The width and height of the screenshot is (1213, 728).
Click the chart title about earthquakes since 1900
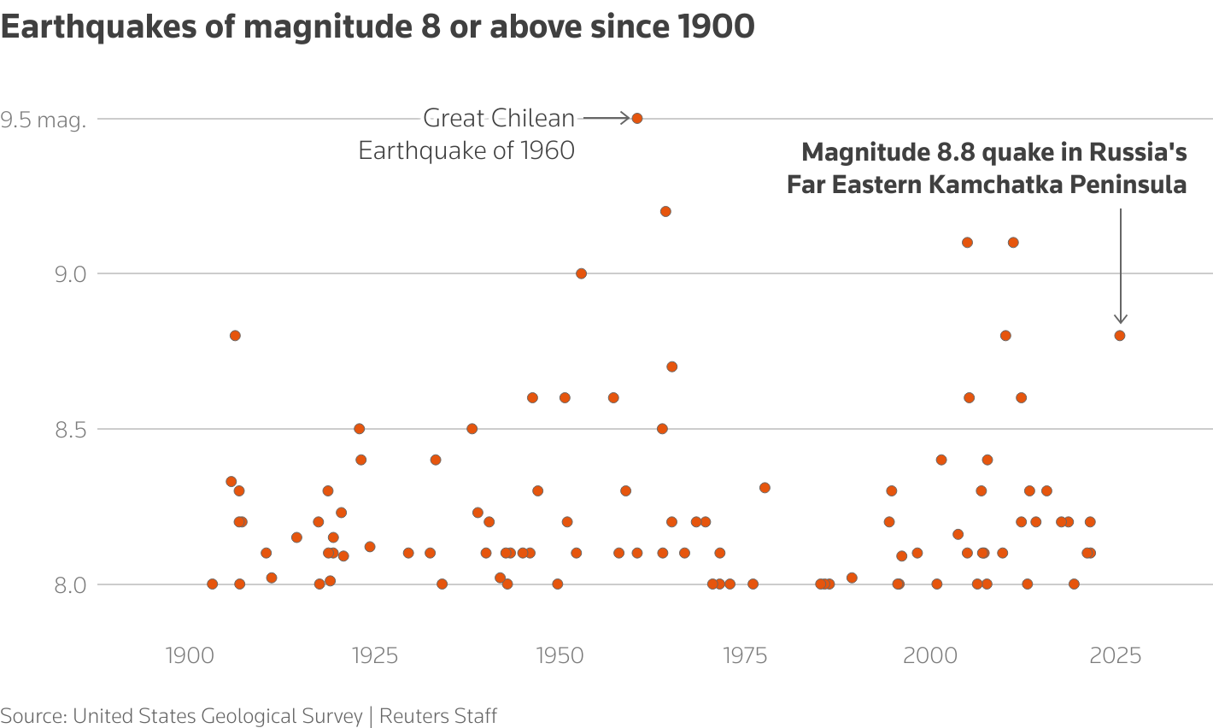pos(378,27)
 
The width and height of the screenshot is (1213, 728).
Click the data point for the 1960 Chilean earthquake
pos(636,118)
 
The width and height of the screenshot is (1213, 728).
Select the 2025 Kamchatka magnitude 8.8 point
pos(1119,335)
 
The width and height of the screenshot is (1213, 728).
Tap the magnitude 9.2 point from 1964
pos(665,211)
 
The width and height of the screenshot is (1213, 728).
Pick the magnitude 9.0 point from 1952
pos(581,273)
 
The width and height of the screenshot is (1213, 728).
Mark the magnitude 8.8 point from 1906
pos(235,335)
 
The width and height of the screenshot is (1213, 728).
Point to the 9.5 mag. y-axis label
pos(44,120)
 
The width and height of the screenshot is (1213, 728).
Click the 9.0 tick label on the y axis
pos(69,274)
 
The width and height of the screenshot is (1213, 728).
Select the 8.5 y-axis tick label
pos(69,429)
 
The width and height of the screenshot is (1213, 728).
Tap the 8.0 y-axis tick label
pos(69,584)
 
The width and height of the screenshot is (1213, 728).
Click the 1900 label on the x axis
pos(190,655)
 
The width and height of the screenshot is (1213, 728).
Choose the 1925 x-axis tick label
pos(374,655)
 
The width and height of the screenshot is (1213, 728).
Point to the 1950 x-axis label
pos(560,655)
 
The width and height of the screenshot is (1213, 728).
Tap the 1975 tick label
pos(745,655)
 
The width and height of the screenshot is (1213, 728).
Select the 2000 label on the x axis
pos(930,655)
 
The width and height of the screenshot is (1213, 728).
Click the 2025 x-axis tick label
pos(1116,655)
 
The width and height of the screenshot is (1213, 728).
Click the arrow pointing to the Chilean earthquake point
pos(606,118)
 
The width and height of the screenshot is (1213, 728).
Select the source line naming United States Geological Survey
pos(249,715)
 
